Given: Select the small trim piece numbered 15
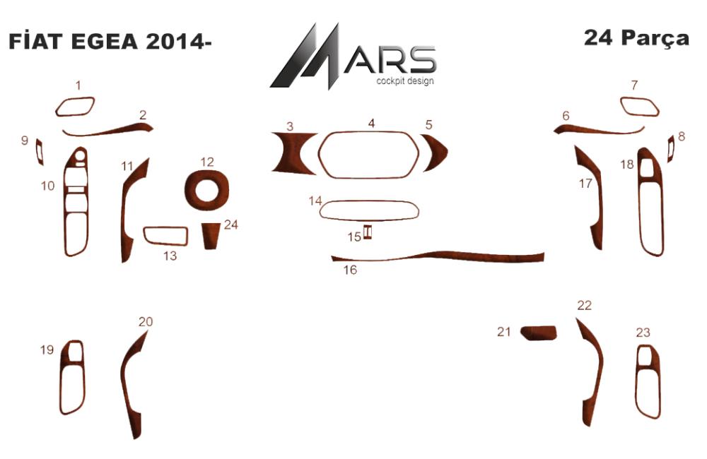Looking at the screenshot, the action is (368, 232).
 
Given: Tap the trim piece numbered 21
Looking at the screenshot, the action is (538, 333).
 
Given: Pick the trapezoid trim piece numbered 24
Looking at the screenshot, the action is (210, 236).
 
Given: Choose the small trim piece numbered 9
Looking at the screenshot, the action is (40, 152).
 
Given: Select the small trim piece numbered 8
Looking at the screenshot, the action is (670, 148).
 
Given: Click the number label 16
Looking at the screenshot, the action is (351, 270).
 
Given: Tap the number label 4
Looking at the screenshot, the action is (371, 123).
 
